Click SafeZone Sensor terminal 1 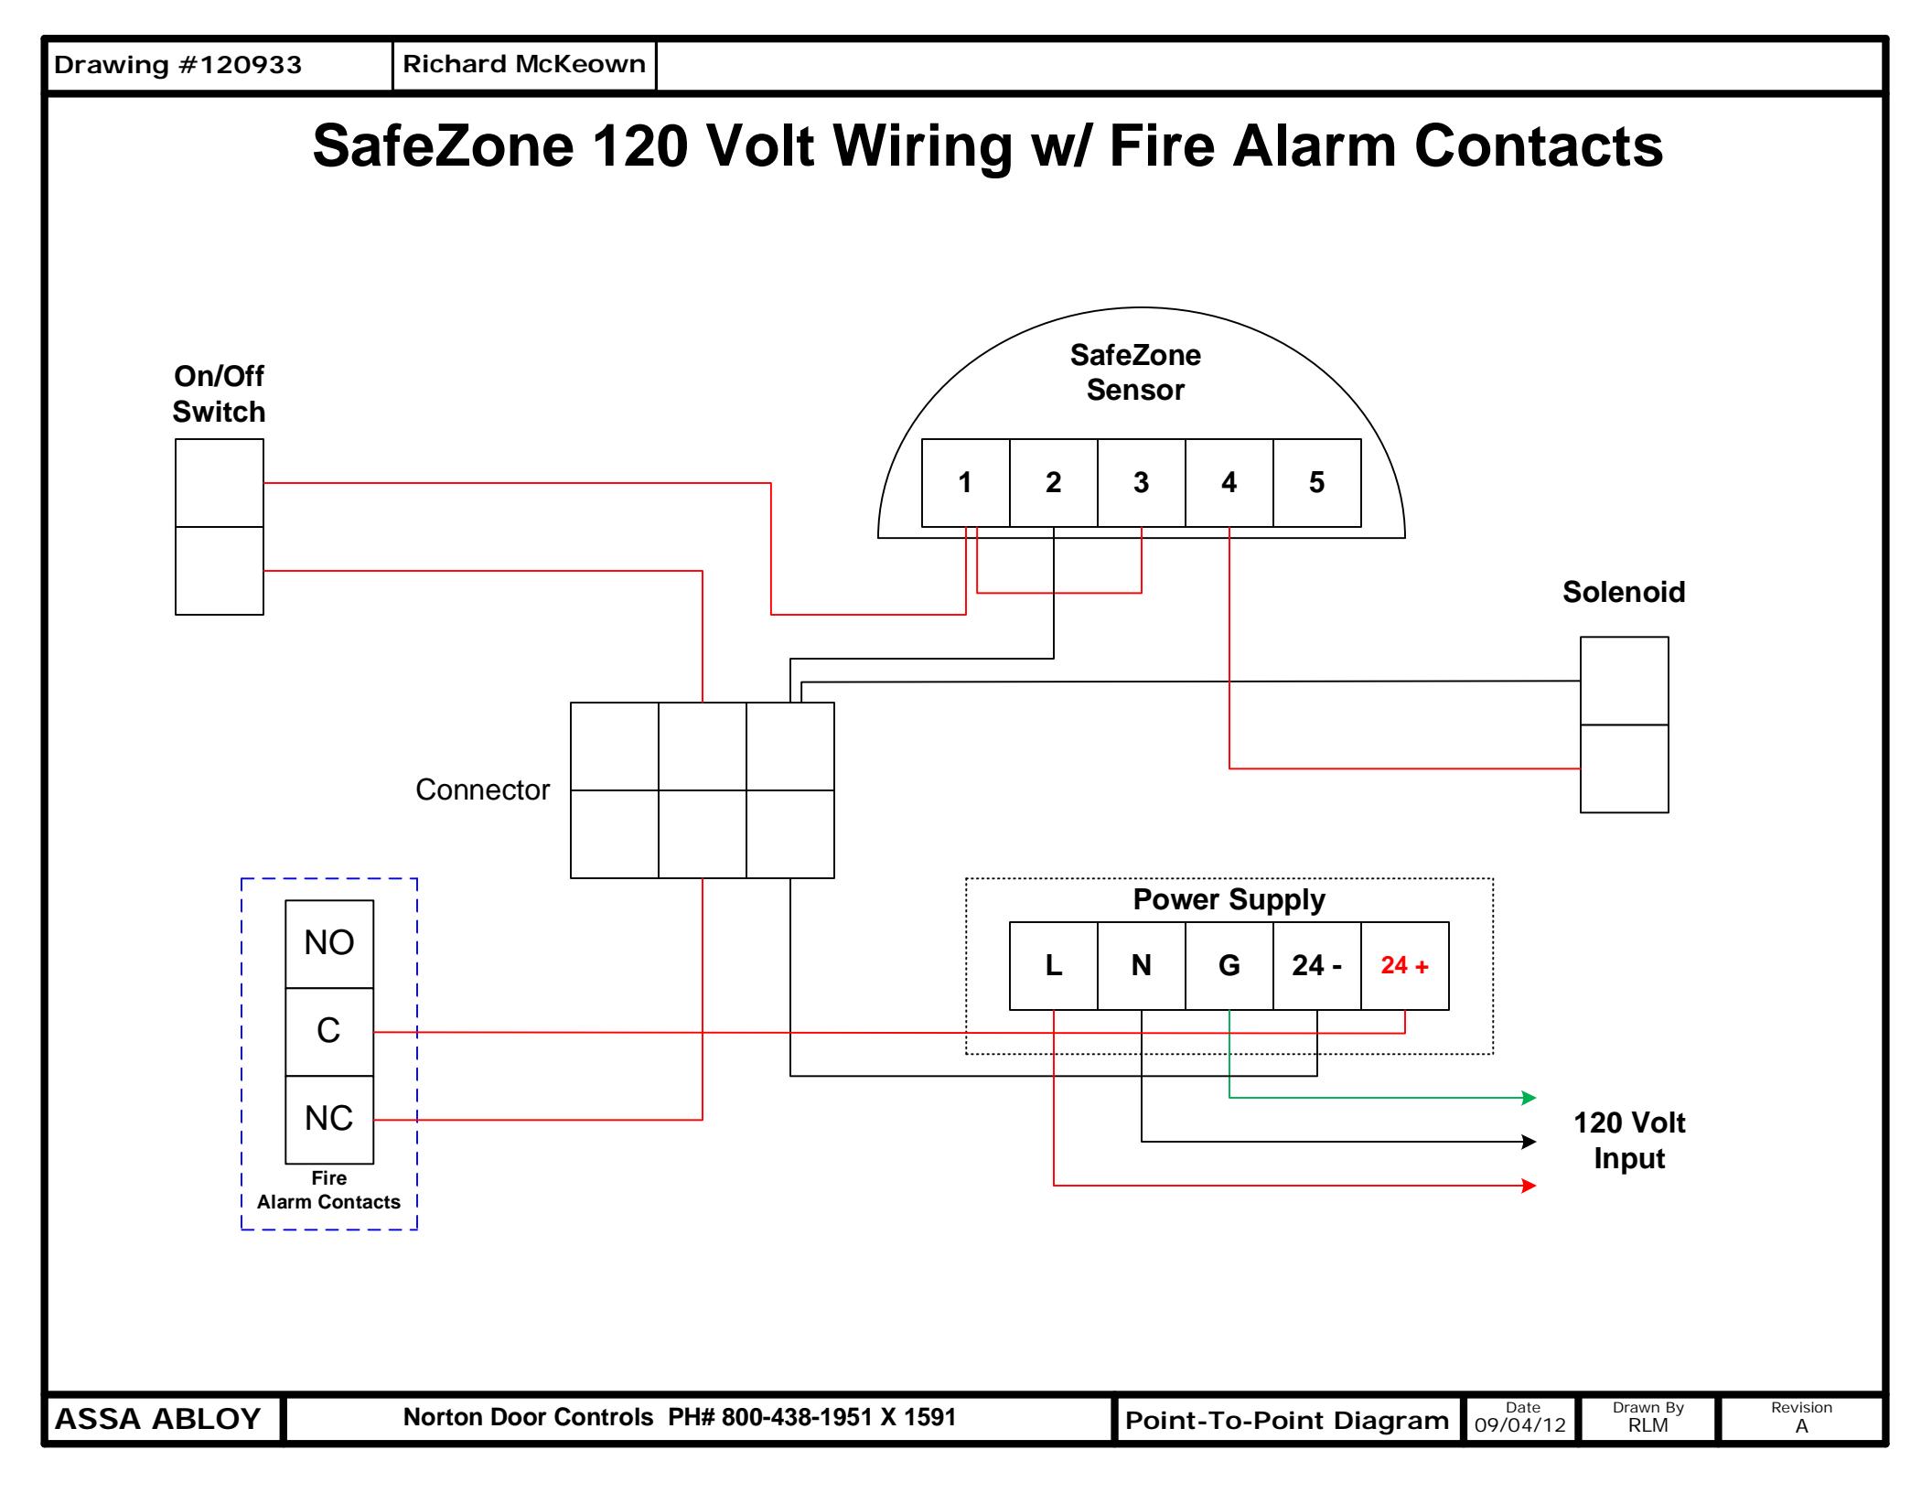[x=966, y=483]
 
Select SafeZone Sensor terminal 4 [x=1229, y=483]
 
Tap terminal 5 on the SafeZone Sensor [x=1317, y=483]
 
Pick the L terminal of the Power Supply [x=1054, y=966]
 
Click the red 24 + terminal [x=1405, y=966]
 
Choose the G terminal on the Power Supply [x=1229, y=966]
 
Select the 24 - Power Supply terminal [x=1317, y=966]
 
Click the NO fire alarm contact [x=329, y=944]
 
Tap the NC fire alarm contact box [x=329, y=1120]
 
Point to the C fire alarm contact [x=329, y=1032]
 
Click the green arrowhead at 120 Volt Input [x=1529, y=1098]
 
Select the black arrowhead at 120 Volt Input [x=1529, y=1142]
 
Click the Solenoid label [x=1624, y=592]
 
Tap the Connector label [x=483, y=789]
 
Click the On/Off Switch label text [x=220, y=393]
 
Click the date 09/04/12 [x=1520, y=1425]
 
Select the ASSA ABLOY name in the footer [x=158, y=1419]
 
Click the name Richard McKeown [x=524, y=64]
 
